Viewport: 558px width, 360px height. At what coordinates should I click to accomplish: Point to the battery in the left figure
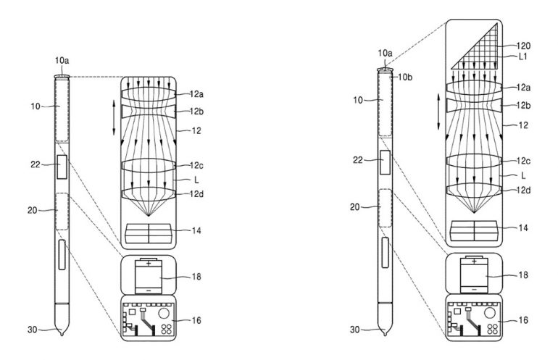[149, 275]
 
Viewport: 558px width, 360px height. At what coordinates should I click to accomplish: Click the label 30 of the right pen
[354, 330]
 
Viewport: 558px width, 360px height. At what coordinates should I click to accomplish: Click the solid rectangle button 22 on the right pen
[386, 162]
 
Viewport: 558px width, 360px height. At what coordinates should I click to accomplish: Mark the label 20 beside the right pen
[354, 207]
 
